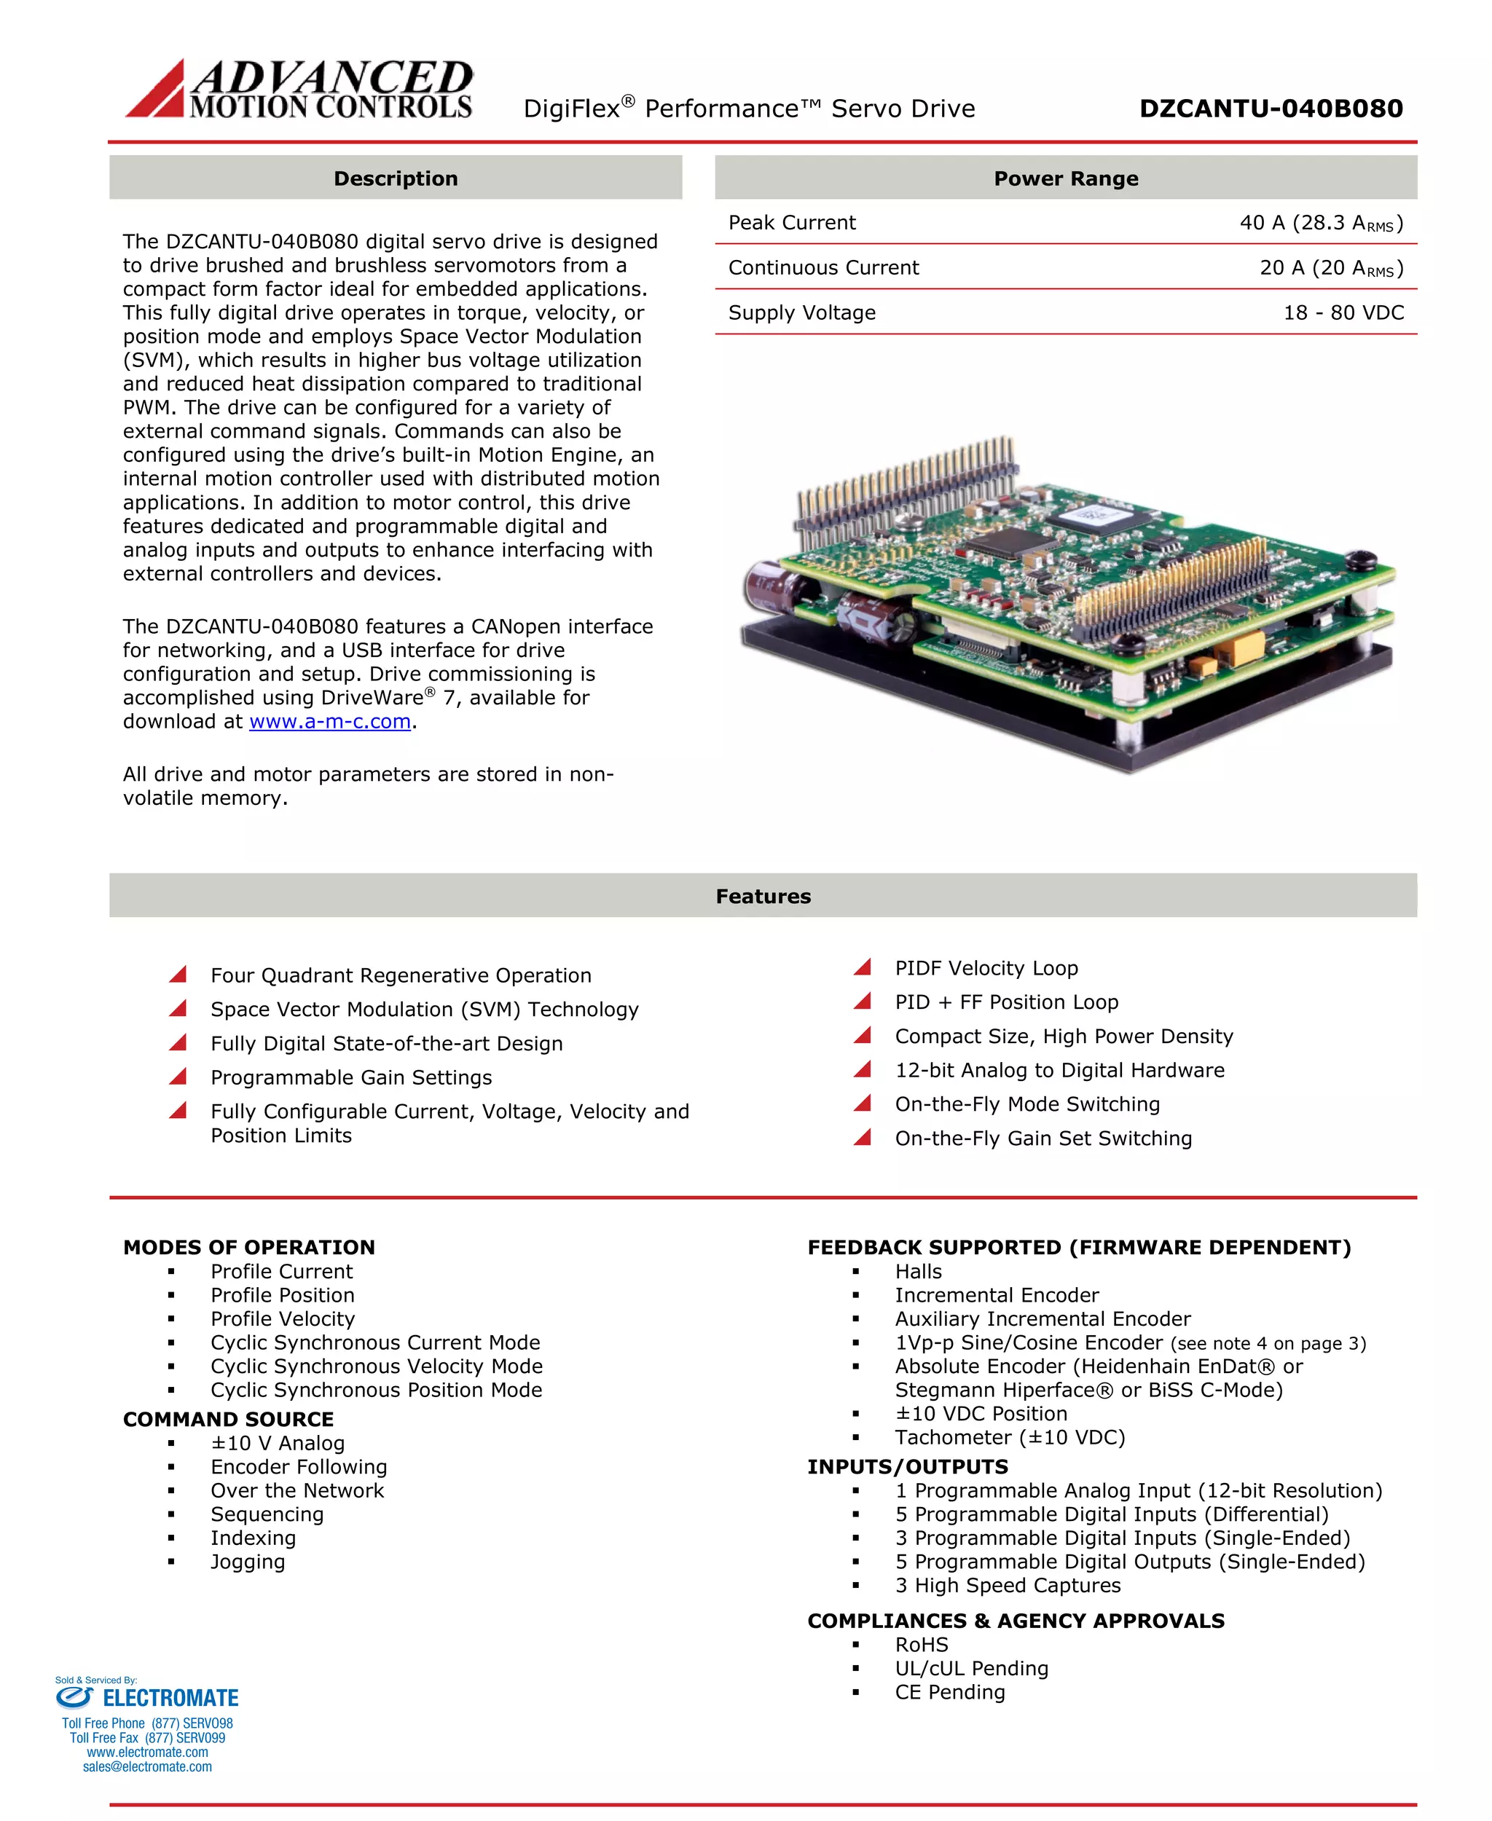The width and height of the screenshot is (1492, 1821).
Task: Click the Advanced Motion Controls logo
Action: coord(299,89)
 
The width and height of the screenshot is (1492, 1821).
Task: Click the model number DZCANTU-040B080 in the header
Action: coord(1271,109)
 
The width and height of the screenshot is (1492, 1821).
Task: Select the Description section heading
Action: coord(396,178)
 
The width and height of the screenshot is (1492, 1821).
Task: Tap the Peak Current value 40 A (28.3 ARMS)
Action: coord(1320,223)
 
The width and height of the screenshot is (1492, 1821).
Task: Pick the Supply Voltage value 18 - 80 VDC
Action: coord(1343,312)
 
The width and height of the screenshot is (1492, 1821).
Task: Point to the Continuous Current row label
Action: coord(823,267)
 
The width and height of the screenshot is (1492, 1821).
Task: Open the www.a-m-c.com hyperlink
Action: coord(330,721)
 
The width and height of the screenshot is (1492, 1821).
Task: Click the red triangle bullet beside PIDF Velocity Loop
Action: coord(863,967)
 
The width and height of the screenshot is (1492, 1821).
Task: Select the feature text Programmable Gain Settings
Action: coord(350,1077)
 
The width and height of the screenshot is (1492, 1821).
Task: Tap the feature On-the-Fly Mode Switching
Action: coord(1027,1104)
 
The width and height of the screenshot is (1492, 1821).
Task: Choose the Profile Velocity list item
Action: coord(282,1318)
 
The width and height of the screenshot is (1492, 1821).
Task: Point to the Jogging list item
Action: coord(248,1562)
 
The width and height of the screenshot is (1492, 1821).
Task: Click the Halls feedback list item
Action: coord(918,1271)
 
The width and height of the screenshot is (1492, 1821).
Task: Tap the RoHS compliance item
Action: coord(922,1644)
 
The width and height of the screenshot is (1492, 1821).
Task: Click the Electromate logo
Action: coord(147,1697)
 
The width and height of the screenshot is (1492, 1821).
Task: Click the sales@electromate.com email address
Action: coord(147,1767)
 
